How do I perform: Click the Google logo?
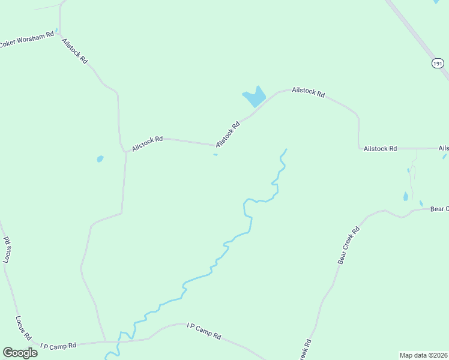(x=20, y=352)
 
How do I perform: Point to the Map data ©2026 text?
(x=423, y=355)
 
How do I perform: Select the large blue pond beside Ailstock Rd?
(x=255, y=97)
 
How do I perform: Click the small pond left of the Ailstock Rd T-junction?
(x=100, y=159)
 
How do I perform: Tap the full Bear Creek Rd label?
(x=348, y=245)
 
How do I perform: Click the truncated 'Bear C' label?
(x=439, y=209)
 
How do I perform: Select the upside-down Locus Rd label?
(x=8, y=250)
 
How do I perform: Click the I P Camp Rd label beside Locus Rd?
(x=58, y=346)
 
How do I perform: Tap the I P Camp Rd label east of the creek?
(x=204, y=331)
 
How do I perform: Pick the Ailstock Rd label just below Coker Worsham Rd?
(x=75, y=51)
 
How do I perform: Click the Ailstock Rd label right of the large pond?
(x=308, y=93)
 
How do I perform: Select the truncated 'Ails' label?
(x=444, y=148)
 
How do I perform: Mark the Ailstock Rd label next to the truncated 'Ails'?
(x=381, y=148)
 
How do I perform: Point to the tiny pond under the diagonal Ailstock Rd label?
(x=215, y=155)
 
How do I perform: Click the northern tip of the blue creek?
(x=286, y=149)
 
